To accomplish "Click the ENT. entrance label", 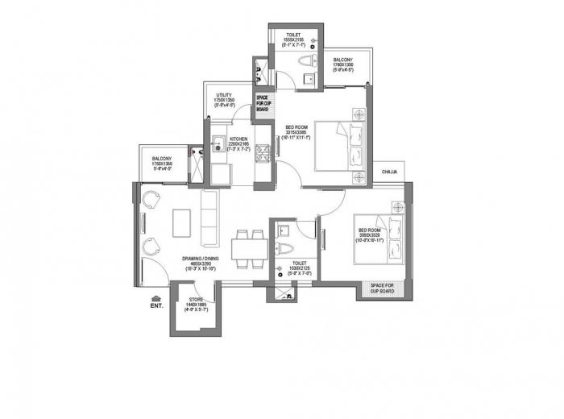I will click(x=156, y=306).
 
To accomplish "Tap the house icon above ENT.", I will click(x=156, y=297).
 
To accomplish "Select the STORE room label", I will click(x=197, y=304).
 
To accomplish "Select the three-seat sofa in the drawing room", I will click(x=209, y=218).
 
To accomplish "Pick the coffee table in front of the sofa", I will click(x=183, y=222).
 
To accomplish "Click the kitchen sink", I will click(x=218, y=147).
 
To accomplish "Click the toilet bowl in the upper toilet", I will click(x=310, y=77).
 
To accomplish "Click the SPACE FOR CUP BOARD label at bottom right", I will click(x=381, y=288).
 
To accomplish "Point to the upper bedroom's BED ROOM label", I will click(x=297, y=132).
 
